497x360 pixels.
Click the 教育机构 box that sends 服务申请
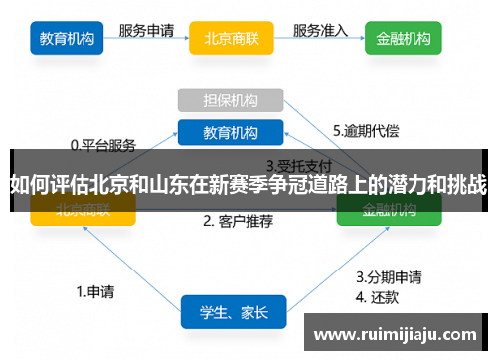coord(67,40)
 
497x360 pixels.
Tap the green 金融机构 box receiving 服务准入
coord(404,40)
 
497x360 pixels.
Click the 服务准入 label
coord(320,30)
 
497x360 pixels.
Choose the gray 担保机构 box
coord(231,100)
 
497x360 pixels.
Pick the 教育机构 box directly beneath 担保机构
coord(231,132)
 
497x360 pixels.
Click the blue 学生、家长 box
coord(233,312)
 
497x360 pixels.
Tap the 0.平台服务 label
coord(102,145)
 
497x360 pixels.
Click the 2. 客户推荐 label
coord(238,221)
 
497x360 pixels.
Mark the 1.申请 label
coord(94,292)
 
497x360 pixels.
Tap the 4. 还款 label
coord(379,295)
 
